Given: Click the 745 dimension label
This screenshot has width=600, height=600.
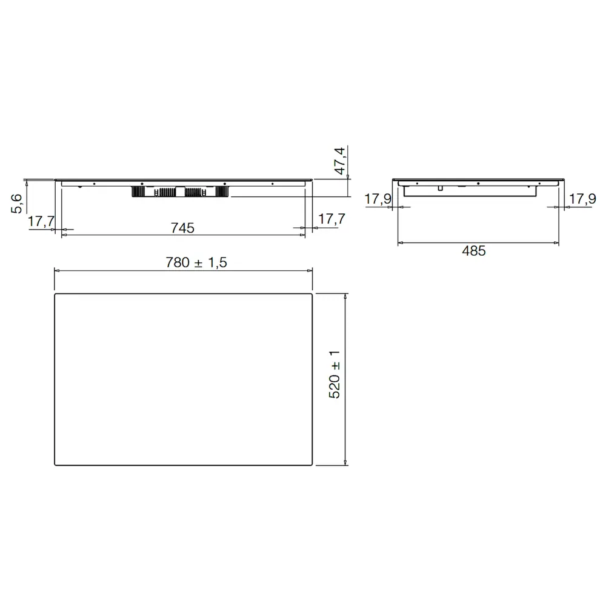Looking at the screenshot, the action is (x=182, y=228).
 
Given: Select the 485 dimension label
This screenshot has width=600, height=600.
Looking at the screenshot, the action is (x=474, y=251).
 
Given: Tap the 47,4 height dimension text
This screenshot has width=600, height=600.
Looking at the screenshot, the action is (x=340, y=161).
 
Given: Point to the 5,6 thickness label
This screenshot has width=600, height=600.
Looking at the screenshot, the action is (x=16, y=204).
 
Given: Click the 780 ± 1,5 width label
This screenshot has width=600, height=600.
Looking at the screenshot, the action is (x=196, y=262).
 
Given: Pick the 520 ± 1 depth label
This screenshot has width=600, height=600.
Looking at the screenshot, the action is (x=334, y=374).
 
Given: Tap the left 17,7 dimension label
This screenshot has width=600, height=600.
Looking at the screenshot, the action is (x=41, y=221).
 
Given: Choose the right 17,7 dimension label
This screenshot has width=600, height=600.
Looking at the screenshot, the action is (x=332, y=219).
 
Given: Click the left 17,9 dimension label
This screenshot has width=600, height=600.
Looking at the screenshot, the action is (x=378, y=199).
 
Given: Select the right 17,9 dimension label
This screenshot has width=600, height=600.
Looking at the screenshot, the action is (x=582, y=199).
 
